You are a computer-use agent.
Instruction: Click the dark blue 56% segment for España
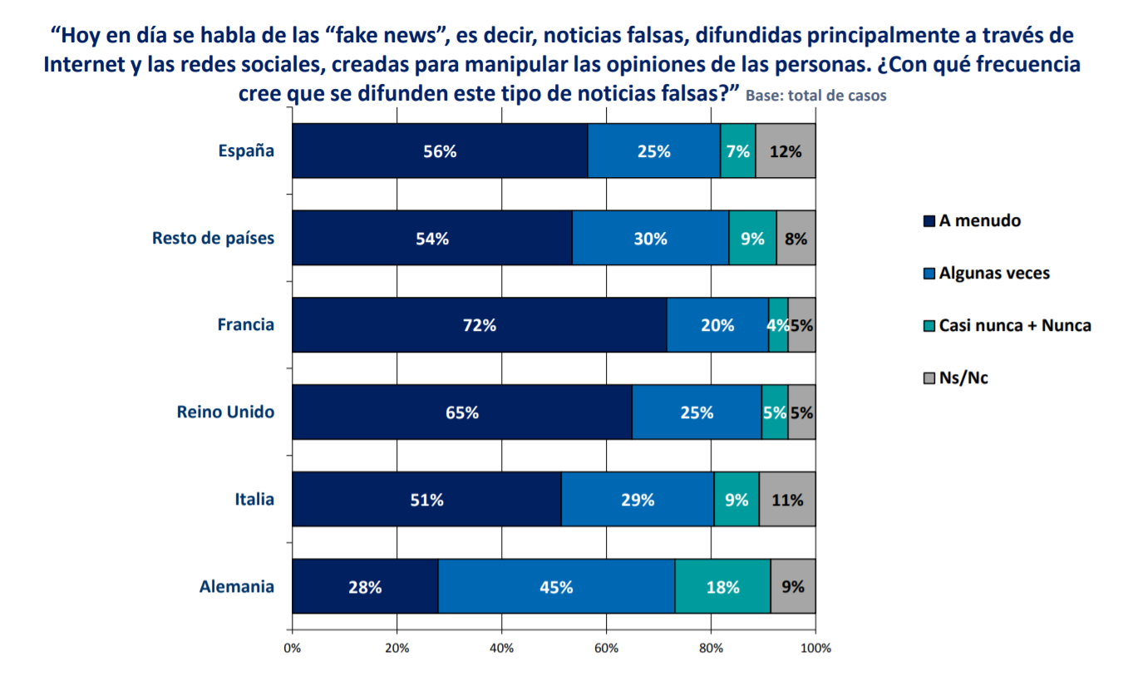pos(440,151)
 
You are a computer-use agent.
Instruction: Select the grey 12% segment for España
pos(786,151)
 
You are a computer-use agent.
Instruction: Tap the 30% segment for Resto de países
pos(650,239)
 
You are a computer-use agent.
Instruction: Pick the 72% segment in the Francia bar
pos(479,325)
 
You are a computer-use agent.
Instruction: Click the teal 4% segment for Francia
pos(778,325)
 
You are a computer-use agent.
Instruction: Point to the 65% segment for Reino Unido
pos(461,412)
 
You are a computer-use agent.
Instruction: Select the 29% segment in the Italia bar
pos(638,500)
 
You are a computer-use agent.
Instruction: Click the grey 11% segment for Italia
pos(787,500)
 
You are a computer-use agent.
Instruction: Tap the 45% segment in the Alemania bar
pos(556,586)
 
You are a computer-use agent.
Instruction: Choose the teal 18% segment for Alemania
pos(722,586)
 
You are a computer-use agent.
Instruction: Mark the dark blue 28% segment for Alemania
pos(365,586)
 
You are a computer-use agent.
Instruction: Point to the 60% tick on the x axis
pos(606,649)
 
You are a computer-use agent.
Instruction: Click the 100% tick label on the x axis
pos(815,649)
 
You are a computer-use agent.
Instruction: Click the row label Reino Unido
pos(225,412)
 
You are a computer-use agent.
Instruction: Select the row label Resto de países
pos(213,239)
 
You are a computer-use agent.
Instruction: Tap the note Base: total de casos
pos(816,96)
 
